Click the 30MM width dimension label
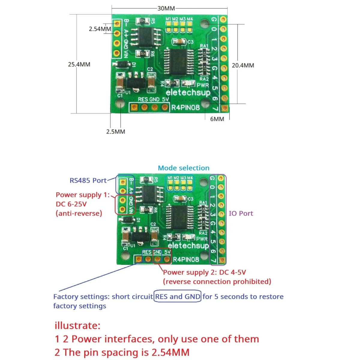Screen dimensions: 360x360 tap(166, 8)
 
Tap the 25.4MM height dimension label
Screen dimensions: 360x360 tap(79, 64)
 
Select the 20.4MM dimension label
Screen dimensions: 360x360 tap(243, 65)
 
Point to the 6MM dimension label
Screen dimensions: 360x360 tap(217, 119)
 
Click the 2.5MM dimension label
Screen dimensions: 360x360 tap(115, 132)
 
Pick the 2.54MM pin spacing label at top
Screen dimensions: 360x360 tap(100, 29)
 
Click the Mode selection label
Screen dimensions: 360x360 tap(184, 168)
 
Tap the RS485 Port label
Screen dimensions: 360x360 tap(88, 181)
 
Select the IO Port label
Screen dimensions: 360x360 tap(241, 213)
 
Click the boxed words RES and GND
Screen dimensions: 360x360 tap(178, 297)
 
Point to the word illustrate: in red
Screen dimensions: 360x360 tap(77, 325)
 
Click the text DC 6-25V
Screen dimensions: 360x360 tap(71, 204)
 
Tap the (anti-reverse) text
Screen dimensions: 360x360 tap(79, 214)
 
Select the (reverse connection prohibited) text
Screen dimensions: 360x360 tap(217, 282)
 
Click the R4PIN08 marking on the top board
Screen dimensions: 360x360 tap(185, 107)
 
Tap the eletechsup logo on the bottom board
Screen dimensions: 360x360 tap(188, 245)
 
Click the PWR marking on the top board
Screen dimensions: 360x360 tap(203, 85)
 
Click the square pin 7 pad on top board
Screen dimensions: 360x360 tap(223, 108)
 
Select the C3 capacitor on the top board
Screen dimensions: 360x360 tap(179, 42)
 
